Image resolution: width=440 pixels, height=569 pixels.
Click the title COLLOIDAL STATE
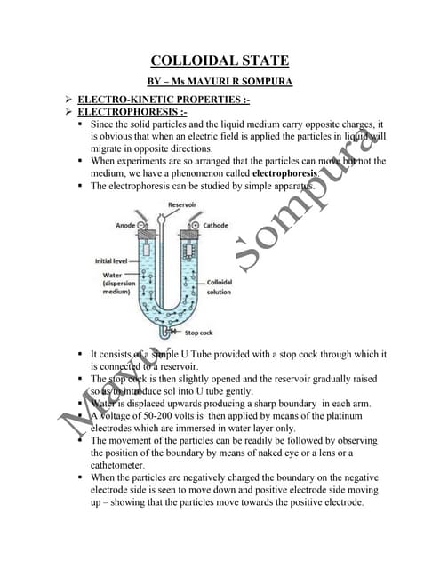(x=220, y=60)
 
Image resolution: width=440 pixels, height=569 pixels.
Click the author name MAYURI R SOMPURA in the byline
(x=244, y=81)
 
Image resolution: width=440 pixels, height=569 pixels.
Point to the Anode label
(x=125, y=226)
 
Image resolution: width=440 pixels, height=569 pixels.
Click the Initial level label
(x=113, y=261)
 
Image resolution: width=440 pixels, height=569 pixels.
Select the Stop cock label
(x=199, y=333)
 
